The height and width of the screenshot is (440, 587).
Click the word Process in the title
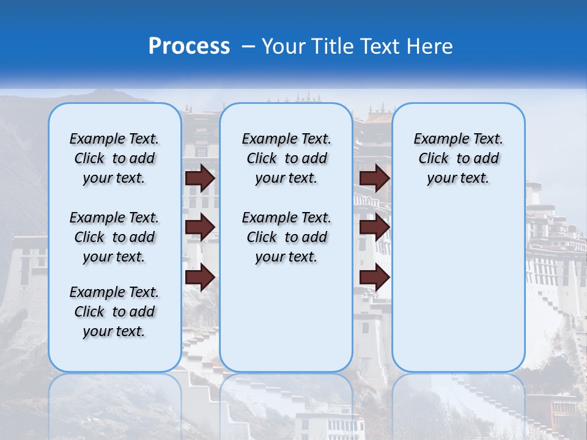189,46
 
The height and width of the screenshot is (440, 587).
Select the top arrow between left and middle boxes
200,178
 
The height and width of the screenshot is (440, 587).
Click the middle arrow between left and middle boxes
200,227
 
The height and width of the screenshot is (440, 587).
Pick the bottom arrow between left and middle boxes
200,277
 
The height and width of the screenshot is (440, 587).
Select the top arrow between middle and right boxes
375,178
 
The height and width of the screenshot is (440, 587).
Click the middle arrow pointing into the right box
375,227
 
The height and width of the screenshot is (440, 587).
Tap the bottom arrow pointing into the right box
375,277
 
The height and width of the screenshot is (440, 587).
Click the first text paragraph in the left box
114,158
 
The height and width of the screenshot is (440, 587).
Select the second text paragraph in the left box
114,237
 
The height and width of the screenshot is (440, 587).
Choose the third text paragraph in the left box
114,312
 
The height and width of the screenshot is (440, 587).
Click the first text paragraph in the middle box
286,158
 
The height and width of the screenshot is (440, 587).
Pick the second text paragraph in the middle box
286,237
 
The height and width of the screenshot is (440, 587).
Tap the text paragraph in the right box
458,158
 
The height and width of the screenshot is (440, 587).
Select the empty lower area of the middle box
286,318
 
